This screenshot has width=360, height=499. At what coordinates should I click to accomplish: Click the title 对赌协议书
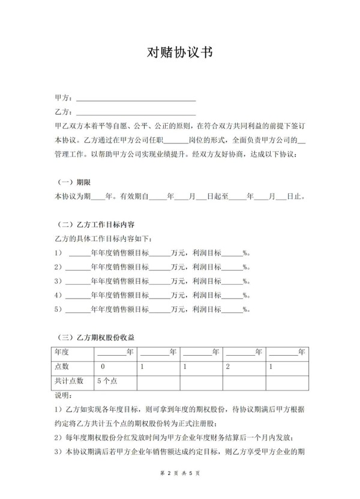click(x=179, y=52)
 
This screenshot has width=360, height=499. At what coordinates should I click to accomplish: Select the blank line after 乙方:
click(x=136, y=113)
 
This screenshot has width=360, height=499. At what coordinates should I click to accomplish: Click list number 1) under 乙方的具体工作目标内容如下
click(x=58, y=252)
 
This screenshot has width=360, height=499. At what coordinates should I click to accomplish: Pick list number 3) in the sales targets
click(x=58, y=281)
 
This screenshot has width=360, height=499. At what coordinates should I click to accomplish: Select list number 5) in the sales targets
click(x=58, y=310)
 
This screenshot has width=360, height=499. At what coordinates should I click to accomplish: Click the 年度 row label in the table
click(x=62, y=352)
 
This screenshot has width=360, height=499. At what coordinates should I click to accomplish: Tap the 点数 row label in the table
click(x=62, y=366)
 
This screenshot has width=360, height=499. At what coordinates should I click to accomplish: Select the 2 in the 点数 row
click(x=228, y=366)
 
